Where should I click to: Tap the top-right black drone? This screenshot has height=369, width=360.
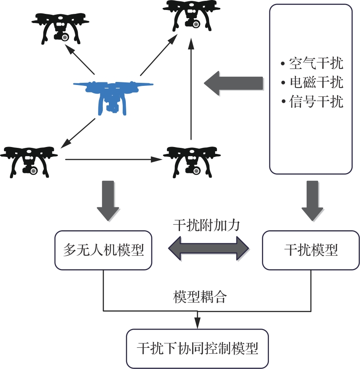(x=191, y=16)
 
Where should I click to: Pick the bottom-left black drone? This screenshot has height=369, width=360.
(x=29, y=162)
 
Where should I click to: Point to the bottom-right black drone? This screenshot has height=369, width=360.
(x=192, y=162)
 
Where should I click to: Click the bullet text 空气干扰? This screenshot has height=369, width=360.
(x=312, y=63)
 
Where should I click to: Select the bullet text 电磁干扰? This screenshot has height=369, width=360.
(x=312, y=82)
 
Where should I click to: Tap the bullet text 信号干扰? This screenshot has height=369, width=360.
(x=312, y=101)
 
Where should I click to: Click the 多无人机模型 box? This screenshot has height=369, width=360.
(x=103, y=250)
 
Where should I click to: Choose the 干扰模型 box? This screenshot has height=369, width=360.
(x=311, y=250)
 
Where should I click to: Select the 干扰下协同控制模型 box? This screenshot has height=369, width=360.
(x=197, y=349)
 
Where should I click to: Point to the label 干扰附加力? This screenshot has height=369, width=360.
(x=206, y=225)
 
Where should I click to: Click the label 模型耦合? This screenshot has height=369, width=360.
(x=200, y=297)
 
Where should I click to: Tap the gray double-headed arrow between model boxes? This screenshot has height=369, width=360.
(x=209, y=248)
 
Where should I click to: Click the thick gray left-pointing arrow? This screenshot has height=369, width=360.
(x=233, y=83)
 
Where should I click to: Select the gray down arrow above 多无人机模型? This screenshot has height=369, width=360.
(x=108, y=201)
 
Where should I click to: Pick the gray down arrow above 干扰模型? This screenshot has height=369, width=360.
(x=312, y=201)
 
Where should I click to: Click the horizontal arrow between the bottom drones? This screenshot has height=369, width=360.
(x=114, y=160)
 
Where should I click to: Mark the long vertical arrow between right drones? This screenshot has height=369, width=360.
(x=191, y=89)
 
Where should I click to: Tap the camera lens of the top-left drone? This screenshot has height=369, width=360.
(x=65, y=37)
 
